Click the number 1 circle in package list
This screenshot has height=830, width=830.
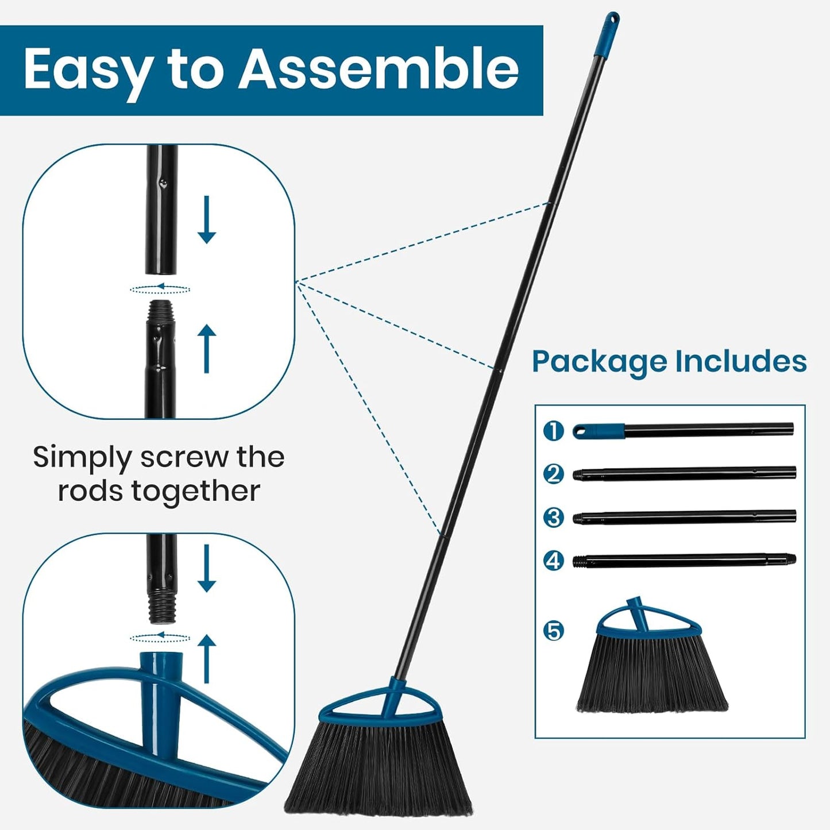(554, 430)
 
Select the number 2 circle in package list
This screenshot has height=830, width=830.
(554, 474)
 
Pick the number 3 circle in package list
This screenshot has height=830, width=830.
(554, 517)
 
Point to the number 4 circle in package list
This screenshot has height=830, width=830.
(554, 560)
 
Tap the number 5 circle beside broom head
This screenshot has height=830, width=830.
(554, 631)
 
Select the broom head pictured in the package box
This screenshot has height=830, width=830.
(651, 666)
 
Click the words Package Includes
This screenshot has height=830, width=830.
(669, 362)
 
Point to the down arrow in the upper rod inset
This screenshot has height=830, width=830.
(207, 219)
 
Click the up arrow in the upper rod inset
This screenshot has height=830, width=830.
(207, 348)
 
